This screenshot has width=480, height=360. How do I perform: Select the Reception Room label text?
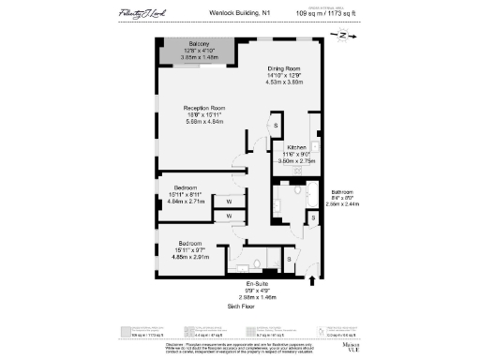click(204, 109)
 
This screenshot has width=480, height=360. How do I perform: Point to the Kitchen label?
click(296, 148)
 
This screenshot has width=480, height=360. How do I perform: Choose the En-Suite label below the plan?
click(257, 283)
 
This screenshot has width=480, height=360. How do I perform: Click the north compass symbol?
click(343, 35)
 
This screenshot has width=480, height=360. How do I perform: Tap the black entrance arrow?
click(312, 277)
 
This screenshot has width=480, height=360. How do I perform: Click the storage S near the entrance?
click(289, 259)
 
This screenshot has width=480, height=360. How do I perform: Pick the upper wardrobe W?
click(228, 200)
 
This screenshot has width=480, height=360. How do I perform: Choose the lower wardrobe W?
click(228, 217)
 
